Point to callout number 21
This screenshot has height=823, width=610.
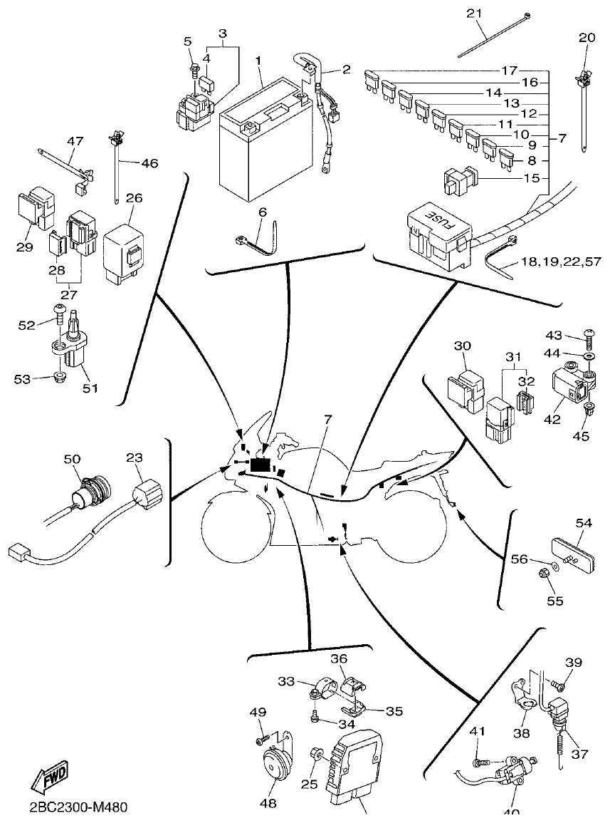tap(474, 14)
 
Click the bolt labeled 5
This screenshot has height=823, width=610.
tap(194, 70)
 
